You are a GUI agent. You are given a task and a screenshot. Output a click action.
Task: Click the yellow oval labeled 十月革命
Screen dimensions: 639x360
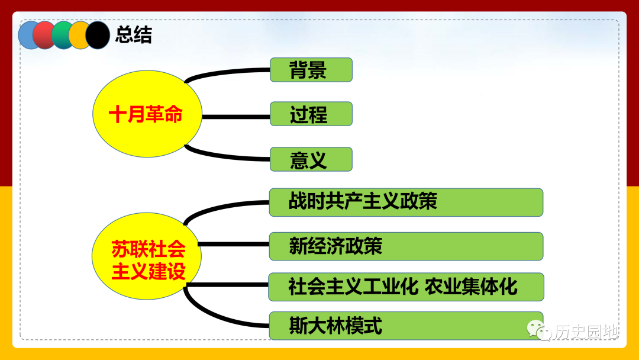click(x=147, y=114)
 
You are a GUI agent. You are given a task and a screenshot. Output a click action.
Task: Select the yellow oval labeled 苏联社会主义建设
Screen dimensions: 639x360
click(x=147, y=256)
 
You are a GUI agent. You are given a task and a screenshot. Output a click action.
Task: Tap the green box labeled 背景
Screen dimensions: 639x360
click(x=311, y=70)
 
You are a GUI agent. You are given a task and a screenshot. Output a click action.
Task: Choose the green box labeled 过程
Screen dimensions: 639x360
click(x=311, y=114)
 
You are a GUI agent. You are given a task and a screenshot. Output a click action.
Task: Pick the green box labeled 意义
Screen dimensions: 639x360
click(x=311, y=159)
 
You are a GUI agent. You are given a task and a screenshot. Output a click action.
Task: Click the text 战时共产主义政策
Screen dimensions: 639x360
click(x=363, y=201)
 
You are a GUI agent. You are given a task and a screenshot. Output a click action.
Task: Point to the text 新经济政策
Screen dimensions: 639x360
click(x=335, y=246)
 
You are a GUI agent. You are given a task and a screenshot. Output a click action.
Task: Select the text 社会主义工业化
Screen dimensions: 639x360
click(x=353, y=287)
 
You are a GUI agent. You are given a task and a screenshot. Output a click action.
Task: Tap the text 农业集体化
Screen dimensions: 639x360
click(x=471, y=287)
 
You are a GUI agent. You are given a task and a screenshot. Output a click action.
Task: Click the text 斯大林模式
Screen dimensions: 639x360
click(x=335, y=326)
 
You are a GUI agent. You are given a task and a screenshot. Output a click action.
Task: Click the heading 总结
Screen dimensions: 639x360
click(x=134, y=35)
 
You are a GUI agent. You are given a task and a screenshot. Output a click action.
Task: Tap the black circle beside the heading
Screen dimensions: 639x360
click(x=98, y=36)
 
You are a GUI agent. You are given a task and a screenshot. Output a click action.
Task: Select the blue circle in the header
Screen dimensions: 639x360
click(x=28, y=36)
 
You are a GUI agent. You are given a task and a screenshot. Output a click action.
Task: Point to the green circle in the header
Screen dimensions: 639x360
click(x=61, y=36)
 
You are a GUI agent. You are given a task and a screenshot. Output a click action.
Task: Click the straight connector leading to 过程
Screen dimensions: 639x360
click(x=236, y=117)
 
